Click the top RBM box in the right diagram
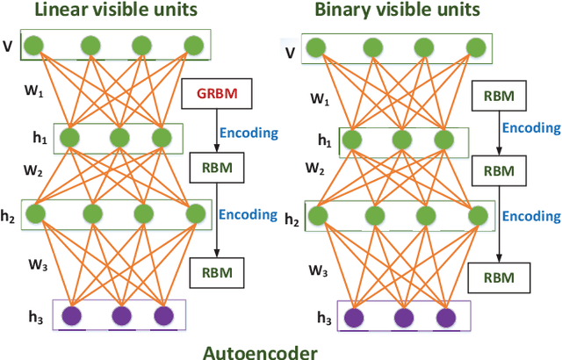point(500,95)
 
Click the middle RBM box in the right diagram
point(499,170)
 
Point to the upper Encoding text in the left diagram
point(249,133)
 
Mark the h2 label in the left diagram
point(11,215)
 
